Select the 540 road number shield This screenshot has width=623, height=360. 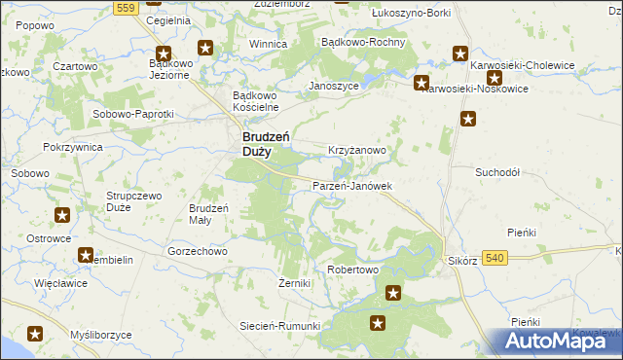[495, 257]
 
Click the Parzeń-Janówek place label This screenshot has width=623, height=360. [351, 185]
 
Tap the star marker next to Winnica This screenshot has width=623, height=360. [205, 47]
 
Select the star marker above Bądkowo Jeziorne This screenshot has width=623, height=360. [164, 55]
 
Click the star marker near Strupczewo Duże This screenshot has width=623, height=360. [62, 215]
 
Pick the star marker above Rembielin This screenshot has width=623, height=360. [86, 255]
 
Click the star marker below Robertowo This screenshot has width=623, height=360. [393, 292]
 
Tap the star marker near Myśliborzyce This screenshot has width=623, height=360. [35, 334]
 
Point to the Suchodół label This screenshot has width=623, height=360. [498, 171]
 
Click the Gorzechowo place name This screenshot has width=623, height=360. [198, 250]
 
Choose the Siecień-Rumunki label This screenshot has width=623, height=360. [280, 326]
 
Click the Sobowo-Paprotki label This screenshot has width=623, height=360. [132, 114]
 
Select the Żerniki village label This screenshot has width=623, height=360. [294, 283]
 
